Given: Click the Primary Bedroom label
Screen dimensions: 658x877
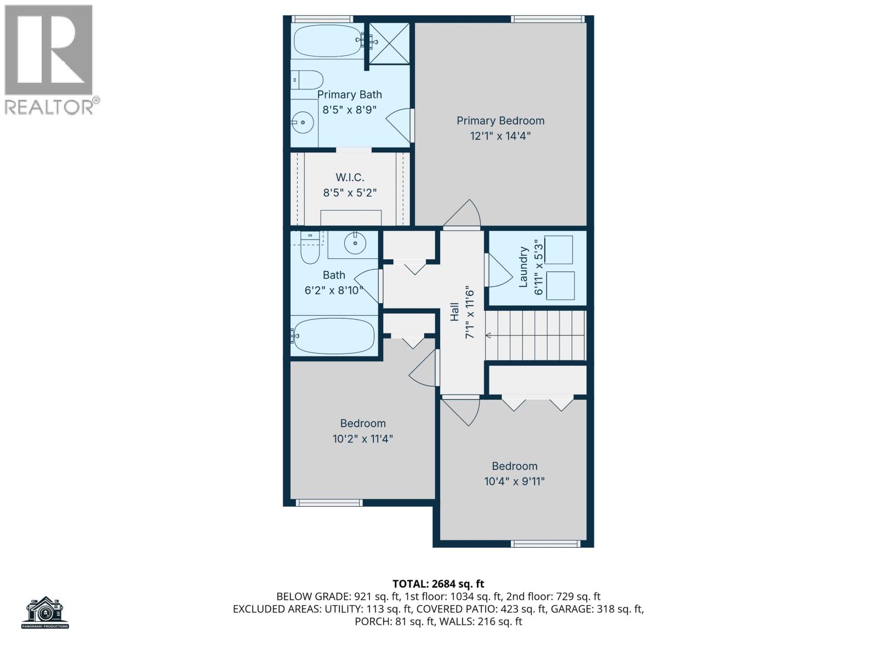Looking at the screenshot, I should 500,121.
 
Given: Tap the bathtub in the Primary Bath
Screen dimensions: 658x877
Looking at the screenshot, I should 327,41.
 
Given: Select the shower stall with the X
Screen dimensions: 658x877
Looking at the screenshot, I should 389,43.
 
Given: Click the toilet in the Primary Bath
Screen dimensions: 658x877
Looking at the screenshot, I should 306,80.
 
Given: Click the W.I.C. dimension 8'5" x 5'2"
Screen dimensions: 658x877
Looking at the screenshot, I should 350,193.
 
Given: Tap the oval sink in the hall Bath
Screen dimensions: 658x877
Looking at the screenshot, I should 355,243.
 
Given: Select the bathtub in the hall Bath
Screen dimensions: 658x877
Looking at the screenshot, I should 334,336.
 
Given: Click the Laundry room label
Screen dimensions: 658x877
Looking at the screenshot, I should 523,266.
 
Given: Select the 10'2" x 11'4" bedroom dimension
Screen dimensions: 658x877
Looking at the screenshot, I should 363,439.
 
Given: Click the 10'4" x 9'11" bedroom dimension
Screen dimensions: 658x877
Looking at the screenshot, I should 514,481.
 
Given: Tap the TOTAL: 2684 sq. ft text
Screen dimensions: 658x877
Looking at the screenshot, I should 438,584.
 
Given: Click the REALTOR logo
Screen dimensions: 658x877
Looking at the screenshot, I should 50,60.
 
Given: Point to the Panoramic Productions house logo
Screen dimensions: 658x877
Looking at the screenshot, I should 45,612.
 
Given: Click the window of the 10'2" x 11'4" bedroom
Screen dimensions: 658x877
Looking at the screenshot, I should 329,502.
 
